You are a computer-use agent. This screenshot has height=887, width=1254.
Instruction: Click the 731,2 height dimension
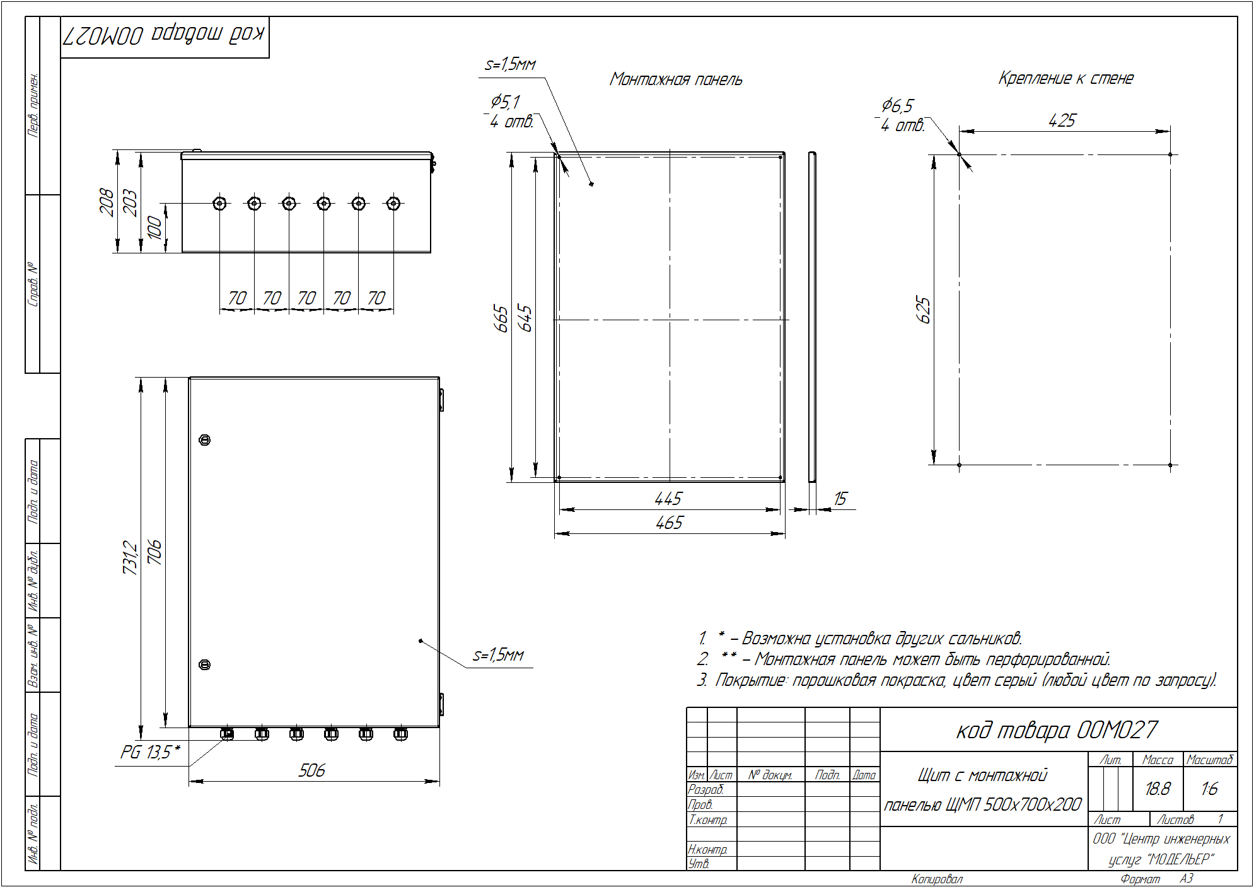click(x=130, y=557)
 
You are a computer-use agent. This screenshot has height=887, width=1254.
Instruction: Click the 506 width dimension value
click(x=311, y=770)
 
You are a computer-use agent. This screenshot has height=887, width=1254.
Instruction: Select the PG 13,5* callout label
click(x=151, y=752)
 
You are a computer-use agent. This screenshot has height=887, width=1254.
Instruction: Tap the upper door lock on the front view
click(x=204, y=439)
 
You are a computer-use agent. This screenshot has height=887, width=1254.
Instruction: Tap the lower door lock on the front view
click(x=204, y=664)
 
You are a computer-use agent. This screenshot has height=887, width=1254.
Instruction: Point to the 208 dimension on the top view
click(x=107, y=202)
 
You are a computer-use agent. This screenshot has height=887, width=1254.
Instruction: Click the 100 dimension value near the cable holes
click(x=154, y=228)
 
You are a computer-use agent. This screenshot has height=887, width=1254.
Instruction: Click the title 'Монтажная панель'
click(x=676, y=79)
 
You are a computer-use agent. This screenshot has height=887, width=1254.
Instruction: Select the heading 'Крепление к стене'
click(x=1065, y=78)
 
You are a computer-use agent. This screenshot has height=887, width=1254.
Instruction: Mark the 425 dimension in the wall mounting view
click(x=1062, y=120)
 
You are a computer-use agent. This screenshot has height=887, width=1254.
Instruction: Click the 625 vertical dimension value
click(x=923, y=310)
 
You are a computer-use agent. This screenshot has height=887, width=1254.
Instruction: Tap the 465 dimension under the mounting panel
click(x=669, y=523)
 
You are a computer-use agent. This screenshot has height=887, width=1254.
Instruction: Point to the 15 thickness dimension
click(x=840, y=499)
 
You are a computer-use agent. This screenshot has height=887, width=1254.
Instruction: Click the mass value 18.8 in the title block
click(x=1158, y=789)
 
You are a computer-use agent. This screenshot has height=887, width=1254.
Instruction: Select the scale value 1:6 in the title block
click(x=1209, y=789)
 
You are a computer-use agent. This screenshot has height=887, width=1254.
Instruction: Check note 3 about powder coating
click(x=956, y=680)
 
